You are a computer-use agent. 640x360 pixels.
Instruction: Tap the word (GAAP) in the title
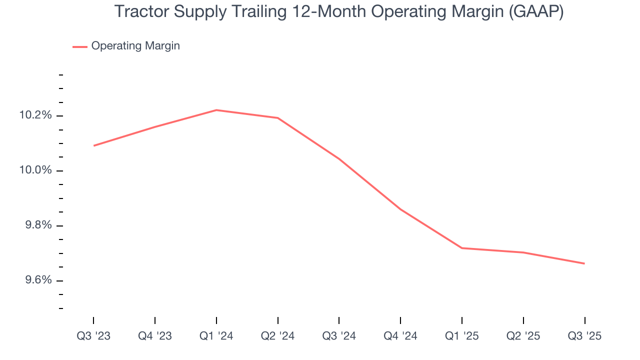tap(536, 11)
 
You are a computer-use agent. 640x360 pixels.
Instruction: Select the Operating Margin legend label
tap(135, 46)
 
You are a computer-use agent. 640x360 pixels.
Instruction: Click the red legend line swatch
tap(80, 46)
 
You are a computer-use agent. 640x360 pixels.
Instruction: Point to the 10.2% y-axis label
tap(35, 115)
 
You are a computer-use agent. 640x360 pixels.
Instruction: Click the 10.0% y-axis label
tap(35, 170)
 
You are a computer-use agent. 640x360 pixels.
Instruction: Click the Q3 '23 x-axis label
tap(93, 336)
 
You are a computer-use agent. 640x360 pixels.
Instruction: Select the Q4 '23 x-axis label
tap(155, 336)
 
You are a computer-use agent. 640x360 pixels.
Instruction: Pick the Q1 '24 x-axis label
tap(216, 336)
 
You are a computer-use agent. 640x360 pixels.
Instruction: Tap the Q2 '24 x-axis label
tap(277, 336)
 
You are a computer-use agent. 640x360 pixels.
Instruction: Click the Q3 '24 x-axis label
tap(339, 336)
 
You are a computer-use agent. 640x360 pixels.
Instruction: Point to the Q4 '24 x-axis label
tap(400, 336)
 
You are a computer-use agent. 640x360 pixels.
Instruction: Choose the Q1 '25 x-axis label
tap(461, 336)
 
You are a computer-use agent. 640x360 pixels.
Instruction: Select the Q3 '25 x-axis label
tap(584, 336)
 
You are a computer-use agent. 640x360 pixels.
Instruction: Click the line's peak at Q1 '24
tap(216, 110)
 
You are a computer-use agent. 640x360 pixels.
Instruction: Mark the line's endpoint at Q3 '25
tap(584, 263)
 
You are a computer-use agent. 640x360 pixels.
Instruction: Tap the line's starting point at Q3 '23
tap(94, 145)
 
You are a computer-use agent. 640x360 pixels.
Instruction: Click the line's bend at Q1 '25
tap(461, 248)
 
